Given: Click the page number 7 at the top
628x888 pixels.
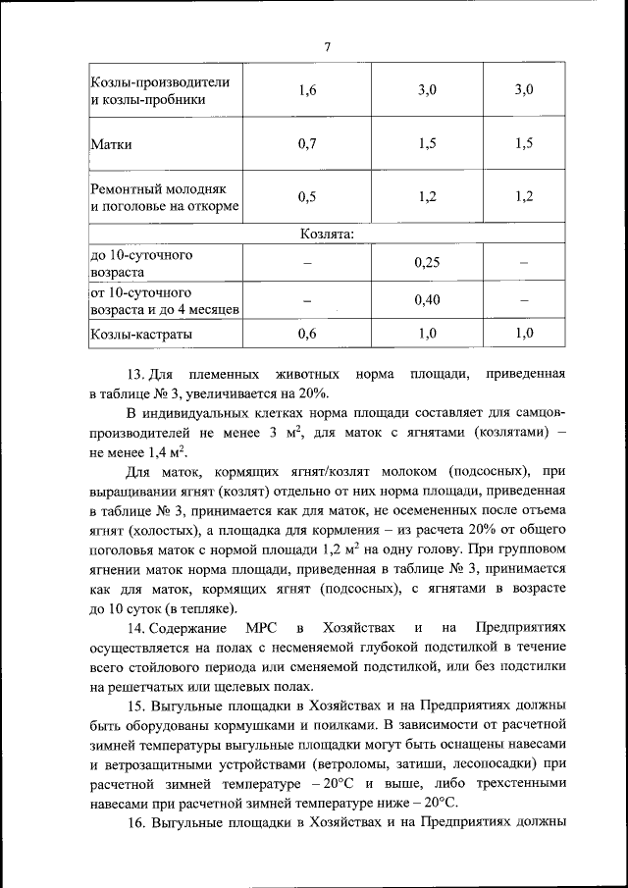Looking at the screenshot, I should click(x=327, y=47).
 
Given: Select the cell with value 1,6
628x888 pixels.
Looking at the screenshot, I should click(x=307, y=90).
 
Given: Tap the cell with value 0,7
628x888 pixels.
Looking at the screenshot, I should click(x=307, y=144).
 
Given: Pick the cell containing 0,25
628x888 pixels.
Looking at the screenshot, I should click(x=426, y=262).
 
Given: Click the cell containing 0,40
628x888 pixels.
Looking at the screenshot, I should click(x=426, y=300).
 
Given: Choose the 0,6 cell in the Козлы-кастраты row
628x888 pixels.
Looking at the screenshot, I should click(x=307, y=334).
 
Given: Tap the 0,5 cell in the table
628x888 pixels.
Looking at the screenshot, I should click(x=307, y=196).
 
